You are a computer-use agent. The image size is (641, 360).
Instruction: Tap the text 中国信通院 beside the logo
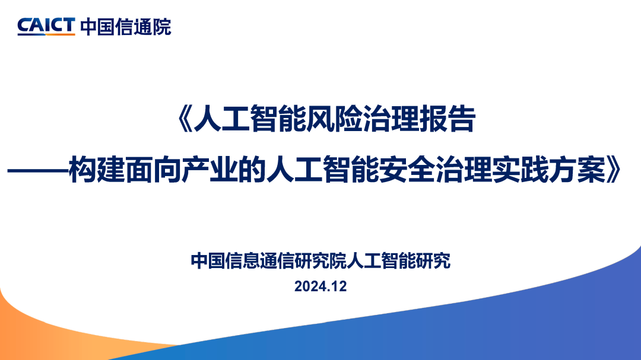coord(125,26)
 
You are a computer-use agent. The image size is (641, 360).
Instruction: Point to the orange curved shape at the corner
coord(36,332)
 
